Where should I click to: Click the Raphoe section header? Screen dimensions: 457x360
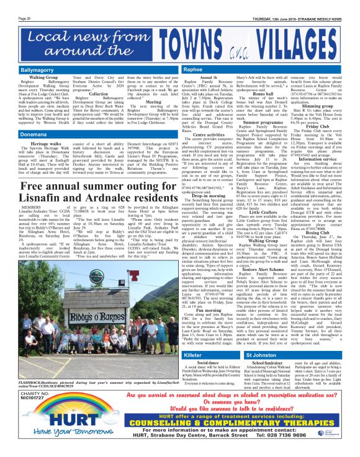[193, 54]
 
